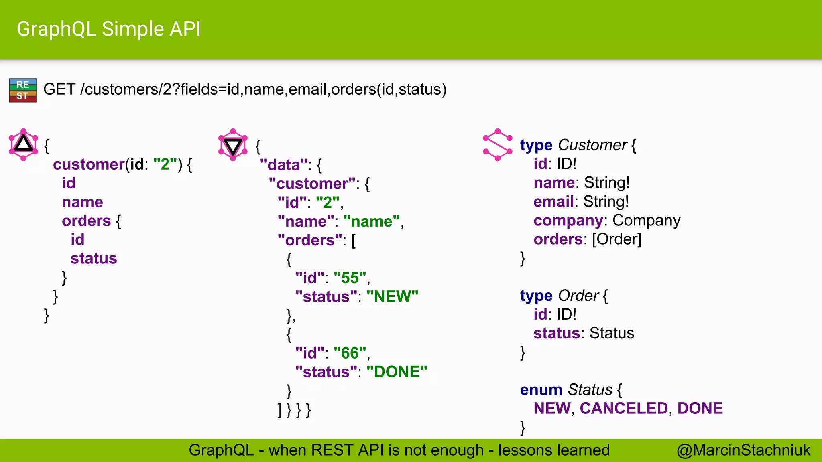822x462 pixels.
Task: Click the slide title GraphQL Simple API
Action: [108, 29]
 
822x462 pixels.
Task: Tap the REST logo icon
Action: [23, 90]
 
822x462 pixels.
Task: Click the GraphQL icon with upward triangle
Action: [23, 144]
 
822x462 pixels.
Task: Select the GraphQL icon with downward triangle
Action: [233, 145]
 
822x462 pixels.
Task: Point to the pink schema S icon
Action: [498, 145]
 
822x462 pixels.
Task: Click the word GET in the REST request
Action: [59, 89]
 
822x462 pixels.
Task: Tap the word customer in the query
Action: [89, 164]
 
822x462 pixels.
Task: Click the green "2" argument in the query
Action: [165, 164]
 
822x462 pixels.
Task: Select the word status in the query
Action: [94, 259]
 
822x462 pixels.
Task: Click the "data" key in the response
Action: [284, 165]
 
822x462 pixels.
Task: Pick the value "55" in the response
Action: [350, 278]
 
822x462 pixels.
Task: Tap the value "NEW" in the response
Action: [392, 297]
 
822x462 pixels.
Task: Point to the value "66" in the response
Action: [350, 353]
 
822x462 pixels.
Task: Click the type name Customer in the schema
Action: [592, 145]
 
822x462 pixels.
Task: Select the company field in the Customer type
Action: [568, 221]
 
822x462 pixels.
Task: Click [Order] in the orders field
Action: [616, 239]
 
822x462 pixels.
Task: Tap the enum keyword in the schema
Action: [541, 390]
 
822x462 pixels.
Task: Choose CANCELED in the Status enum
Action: [623, 409]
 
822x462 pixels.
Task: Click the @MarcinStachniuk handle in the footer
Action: [743, 450]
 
